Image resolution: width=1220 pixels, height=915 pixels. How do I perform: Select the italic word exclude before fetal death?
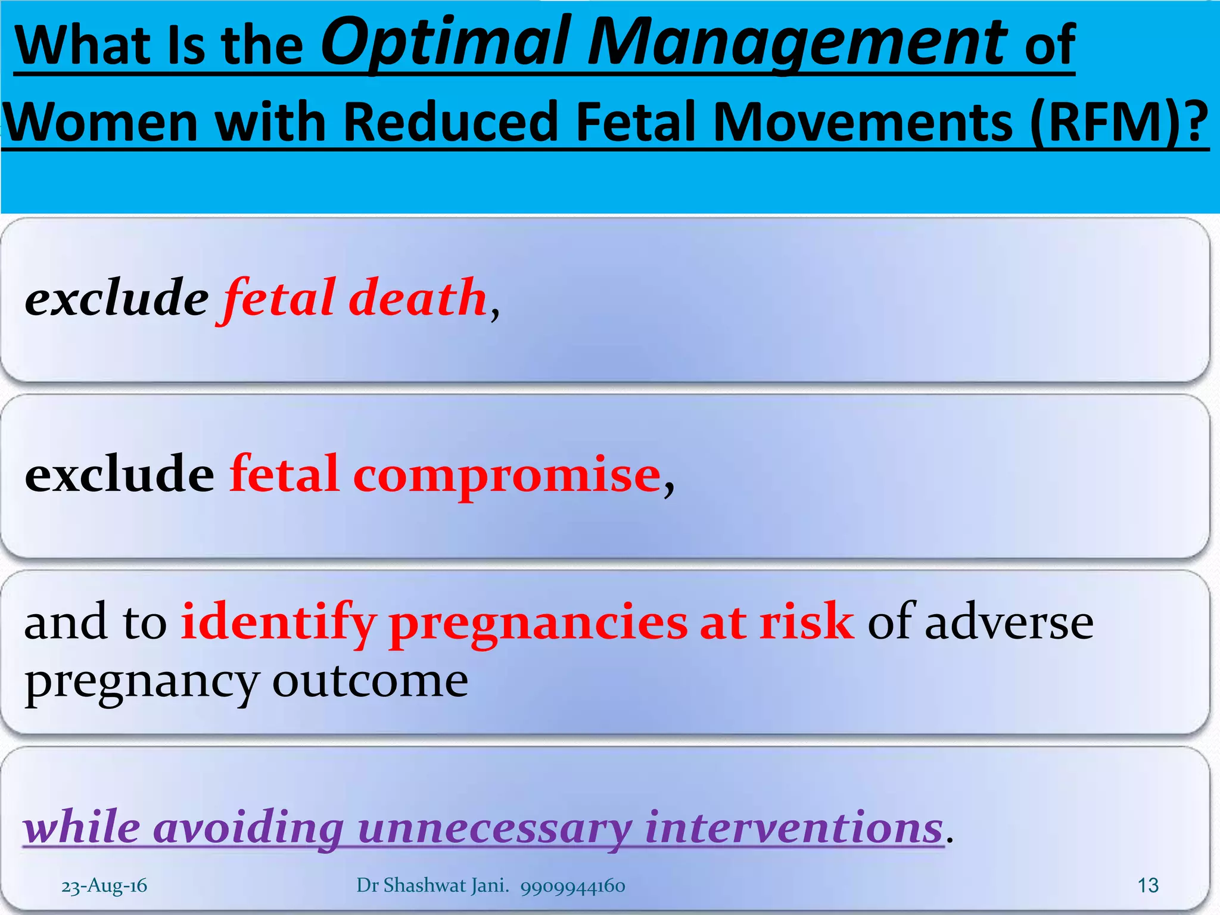(117, 297)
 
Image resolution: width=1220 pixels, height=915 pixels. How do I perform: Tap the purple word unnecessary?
(494, 828)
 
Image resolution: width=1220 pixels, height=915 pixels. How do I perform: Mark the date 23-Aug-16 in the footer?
(104, 886)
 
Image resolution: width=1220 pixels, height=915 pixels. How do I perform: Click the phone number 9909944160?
(572, 886)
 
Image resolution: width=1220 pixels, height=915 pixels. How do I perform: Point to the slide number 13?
(1147, 886)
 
